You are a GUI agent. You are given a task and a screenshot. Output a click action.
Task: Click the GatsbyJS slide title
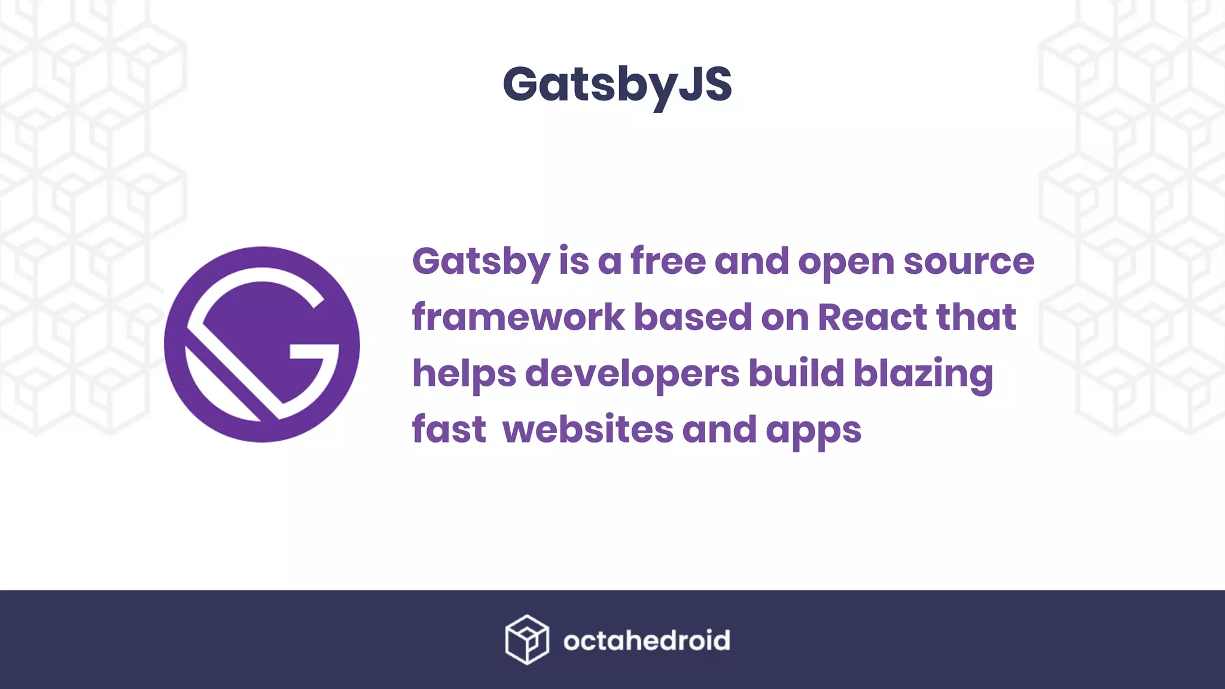(x=617, y=85)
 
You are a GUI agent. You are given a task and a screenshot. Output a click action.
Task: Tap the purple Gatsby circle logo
(x=262, y=344)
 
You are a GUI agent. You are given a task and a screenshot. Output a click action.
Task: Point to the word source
(x=968, y=261)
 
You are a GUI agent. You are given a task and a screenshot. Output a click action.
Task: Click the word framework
(x=518, y=317)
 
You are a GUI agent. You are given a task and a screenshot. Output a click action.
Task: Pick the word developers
(x=632, y=373)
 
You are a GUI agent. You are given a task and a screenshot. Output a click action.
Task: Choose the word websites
(x=588, y=429)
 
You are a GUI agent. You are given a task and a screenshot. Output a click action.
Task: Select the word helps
(x=464, y=373)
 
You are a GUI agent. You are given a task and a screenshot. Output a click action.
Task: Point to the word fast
(x=449, y=429)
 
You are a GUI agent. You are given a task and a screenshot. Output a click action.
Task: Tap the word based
(x=692, y=317)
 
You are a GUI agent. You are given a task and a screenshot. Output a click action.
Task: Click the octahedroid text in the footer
(x=647, y=641)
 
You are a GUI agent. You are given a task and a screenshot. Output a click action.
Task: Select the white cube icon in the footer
(x=526, y=639)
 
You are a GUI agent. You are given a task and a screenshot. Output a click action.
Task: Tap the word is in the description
(x=574, y=261)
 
